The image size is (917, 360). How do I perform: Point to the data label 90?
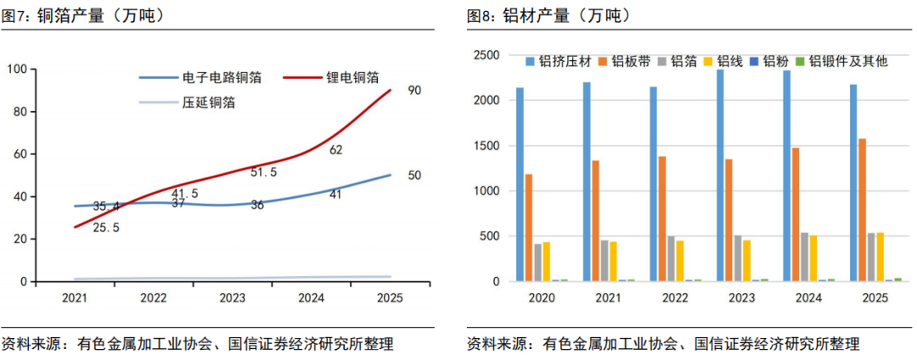click(x=414, y=90)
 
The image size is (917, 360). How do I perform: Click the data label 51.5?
click(x=263, y=172)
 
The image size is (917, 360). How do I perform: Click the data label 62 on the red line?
click(x=335, y=150)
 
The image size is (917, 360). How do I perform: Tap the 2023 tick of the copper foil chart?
click(x=232, y=298)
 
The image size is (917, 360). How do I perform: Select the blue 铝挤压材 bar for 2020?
click(x=520, y=184)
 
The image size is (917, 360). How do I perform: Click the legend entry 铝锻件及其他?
click(x=848, y=61)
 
